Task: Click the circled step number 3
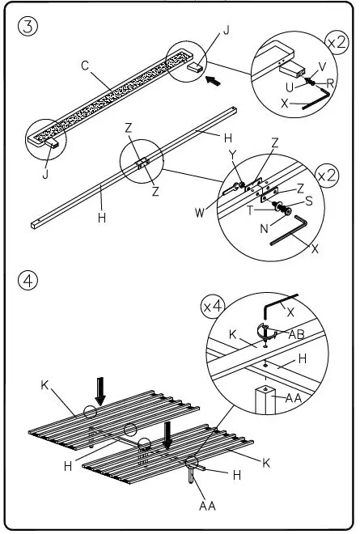[x=28, y=26]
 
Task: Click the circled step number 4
[x=28, y=281]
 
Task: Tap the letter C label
[x=85, y=65]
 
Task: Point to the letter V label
[x=322, y=66]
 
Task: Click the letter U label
[x=290, y=87]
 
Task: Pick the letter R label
[x=330, y=83]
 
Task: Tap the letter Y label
[x=232, y=155]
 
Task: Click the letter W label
[x=200, y=213]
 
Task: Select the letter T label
[x=250, y=210]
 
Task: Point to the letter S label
[x=308, y=201]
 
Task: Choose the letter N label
[x=265, y=228]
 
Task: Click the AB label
[x=296, y=334]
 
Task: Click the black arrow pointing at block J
[x=213, y=81]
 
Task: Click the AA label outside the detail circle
[x=207, y=506]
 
